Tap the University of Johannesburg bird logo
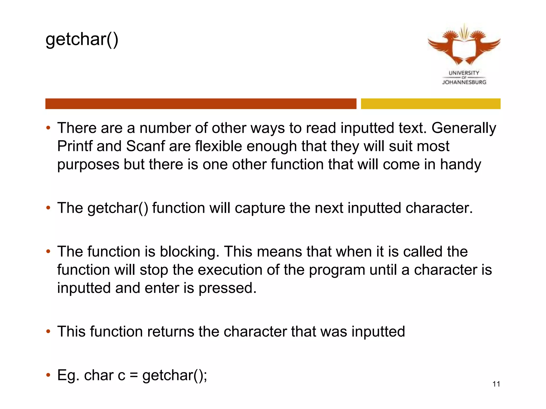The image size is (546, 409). click(464, 45)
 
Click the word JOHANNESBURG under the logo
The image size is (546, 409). click(464, 82)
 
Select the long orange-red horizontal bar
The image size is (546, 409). click(200, 104)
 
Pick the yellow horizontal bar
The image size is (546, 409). click(430, 104)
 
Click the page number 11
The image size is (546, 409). click(496, 384)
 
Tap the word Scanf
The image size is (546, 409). click(145, 146)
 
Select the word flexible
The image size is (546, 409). click(218, 146)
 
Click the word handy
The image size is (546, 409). click(460, 164)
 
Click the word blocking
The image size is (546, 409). click(189, 252)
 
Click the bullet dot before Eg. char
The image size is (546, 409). click(48, 375)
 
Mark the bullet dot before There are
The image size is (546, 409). click(48, 128)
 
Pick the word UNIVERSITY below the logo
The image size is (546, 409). click(464, 73)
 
